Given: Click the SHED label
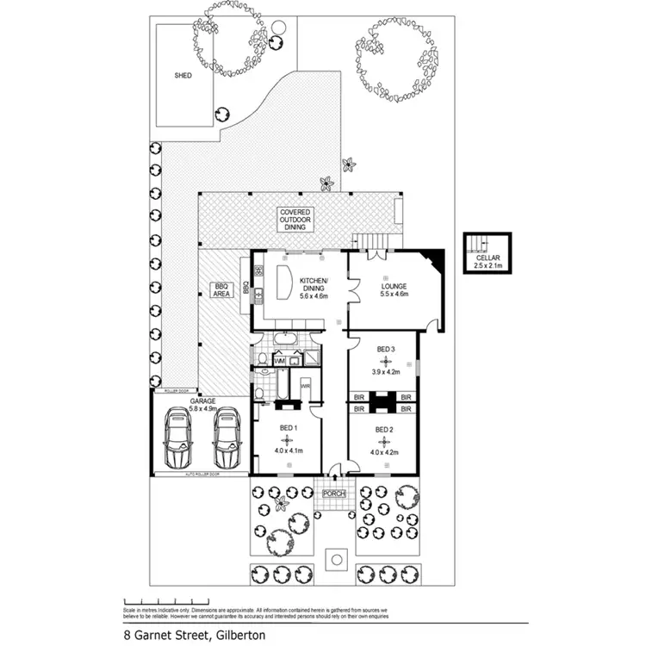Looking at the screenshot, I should tap(183, 76).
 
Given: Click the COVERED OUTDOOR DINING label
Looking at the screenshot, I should tap(295, 220).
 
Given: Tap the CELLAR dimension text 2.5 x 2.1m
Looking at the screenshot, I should tap(487, 266).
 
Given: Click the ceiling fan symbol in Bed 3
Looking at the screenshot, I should tap(386, 361).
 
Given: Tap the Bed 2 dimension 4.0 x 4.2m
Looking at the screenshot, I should tap(384, 451).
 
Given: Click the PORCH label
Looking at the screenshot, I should tap(333, 494).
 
